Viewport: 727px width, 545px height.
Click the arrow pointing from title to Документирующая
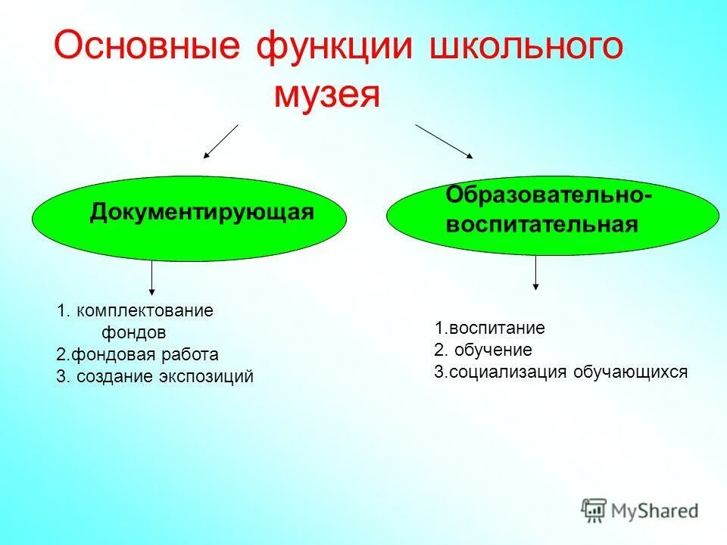(x=220, y=142)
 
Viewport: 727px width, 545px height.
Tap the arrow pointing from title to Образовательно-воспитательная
(x=444, y=142)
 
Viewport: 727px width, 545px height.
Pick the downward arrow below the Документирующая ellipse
(x=152, y=277)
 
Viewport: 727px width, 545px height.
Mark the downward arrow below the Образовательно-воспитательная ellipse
(x=536, y=272)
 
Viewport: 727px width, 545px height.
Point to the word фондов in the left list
(x=133, y=332)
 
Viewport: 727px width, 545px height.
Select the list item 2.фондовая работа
(x=137, y=354)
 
